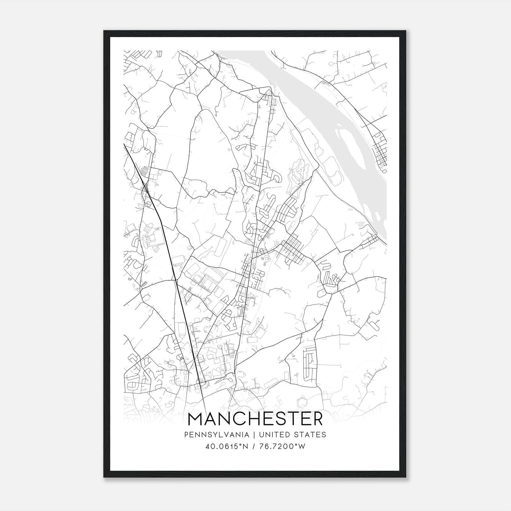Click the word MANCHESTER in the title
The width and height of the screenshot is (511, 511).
coord(256,419)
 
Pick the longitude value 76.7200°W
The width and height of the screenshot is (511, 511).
coord(282,446)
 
